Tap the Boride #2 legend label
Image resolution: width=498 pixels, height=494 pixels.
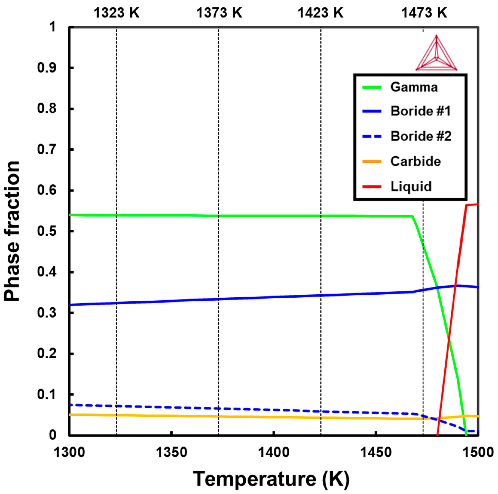tap(421, 136)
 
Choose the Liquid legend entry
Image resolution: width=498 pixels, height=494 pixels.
tap(411, 187)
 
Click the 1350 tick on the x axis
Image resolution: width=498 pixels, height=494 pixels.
tap(171, 452)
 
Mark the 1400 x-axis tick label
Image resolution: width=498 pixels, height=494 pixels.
tap(274, 452)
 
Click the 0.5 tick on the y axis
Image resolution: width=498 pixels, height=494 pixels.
tap(46, 231)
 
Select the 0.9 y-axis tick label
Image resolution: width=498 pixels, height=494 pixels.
tap(46, 68)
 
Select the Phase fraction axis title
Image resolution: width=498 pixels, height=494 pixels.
tap(12, 231)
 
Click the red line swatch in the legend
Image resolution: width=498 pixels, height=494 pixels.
tap(372, 187)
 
